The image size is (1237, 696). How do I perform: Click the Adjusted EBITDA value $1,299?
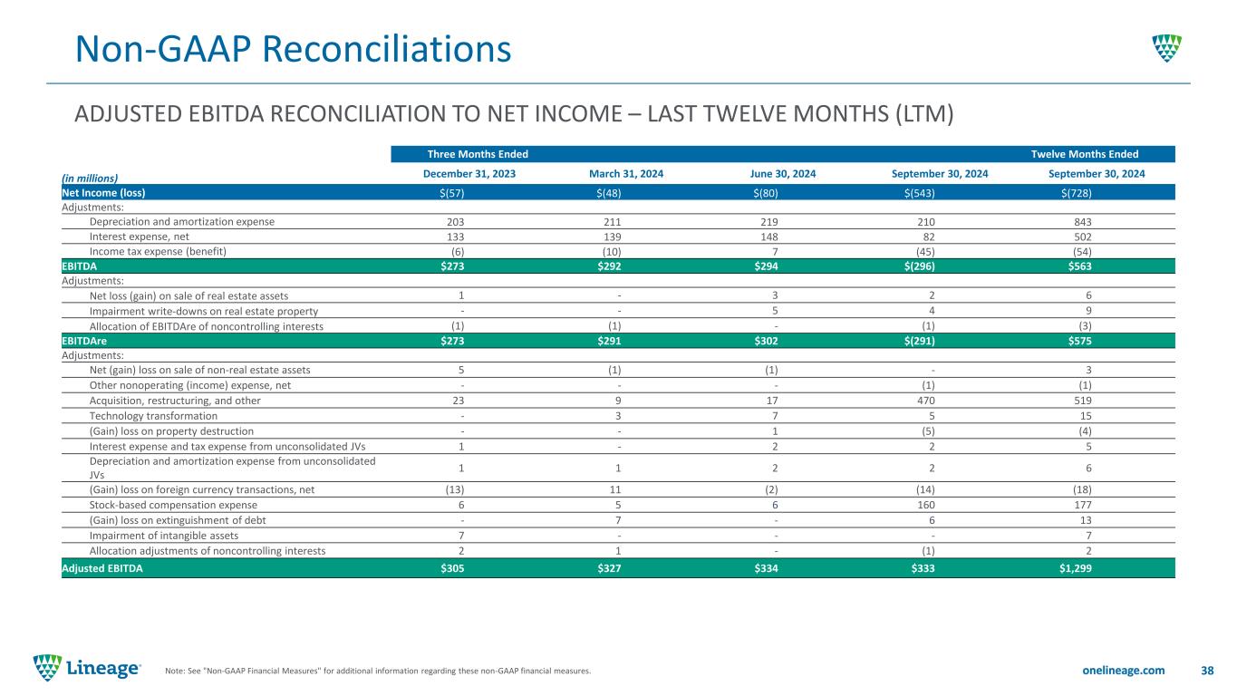[1075, 568]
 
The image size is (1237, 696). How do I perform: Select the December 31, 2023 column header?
[469, 174]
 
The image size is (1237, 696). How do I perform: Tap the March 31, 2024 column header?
[626, 174]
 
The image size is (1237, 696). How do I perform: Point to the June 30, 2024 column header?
[783, 174]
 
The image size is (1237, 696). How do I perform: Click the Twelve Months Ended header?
[1085, 154]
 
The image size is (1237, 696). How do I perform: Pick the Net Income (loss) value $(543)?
[920, 193]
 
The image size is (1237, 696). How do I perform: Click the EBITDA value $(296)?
[920, 266]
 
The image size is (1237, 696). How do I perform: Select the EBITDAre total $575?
[1079, 341]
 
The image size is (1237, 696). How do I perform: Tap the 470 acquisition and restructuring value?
[926, 401]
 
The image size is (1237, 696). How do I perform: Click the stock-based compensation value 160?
[926, 505]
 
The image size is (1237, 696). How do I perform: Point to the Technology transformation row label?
[153, 416]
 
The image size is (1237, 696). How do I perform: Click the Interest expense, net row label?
[140, 237]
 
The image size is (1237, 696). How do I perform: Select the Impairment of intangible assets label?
[164, 536]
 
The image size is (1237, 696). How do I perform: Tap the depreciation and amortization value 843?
[1083, 222]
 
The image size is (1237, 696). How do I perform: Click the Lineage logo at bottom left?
[87, 668]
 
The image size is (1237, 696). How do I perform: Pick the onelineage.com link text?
[1124, 671]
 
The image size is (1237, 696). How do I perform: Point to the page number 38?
[1207, 671]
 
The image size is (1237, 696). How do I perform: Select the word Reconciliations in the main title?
[387, 49]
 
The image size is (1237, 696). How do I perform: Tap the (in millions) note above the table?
[90, 179]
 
